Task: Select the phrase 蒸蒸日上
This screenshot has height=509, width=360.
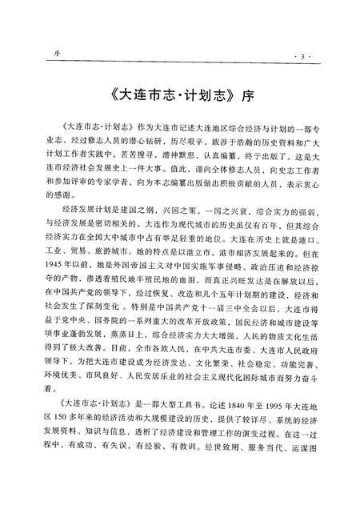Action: pyautogui.click(x=122, y=362)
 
